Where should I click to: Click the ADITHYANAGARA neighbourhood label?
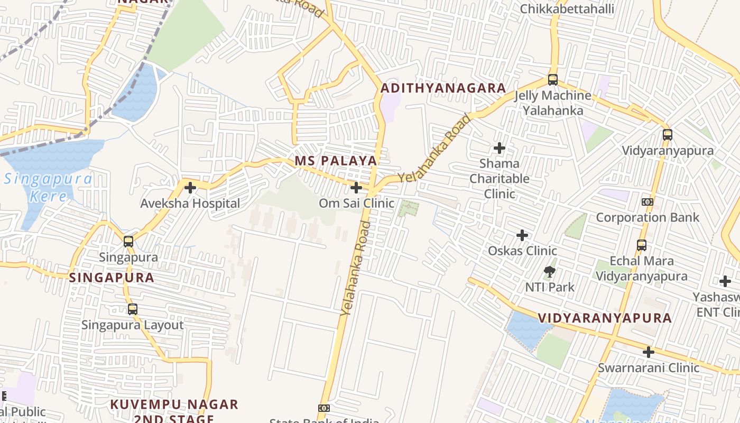point(443,88)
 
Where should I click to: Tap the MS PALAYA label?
point(336,161)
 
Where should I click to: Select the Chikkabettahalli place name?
point(567,9)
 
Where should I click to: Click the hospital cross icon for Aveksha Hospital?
point(190,188)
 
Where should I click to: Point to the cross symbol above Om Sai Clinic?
point(356,187)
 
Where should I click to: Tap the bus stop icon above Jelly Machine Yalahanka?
point(553,80)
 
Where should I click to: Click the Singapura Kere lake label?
point(48,187)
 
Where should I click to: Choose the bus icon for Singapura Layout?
point(133,309)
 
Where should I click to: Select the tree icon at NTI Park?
point(550,272)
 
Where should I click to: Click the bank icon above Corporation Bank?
point(647,202)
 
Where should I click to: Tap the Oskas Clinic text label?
point(522,251)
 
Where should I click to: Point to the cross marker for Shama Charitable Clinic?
point(499,148)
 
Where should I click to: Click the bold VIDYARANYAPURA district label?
point(605,318)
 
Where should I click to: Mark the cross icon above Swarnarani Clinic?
point(649,352)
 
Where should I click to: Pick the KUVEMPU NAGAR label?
point(174,405)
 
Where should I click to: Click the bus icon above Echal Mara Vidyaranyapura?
point(642,245)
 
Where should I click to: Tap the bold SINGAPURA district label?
point(112,278)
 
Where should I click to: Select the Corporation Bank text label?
point(647,217)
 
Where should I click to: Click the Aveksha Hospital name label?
point(190,204)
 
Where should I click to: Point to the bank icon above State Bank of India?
point(324,408)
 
